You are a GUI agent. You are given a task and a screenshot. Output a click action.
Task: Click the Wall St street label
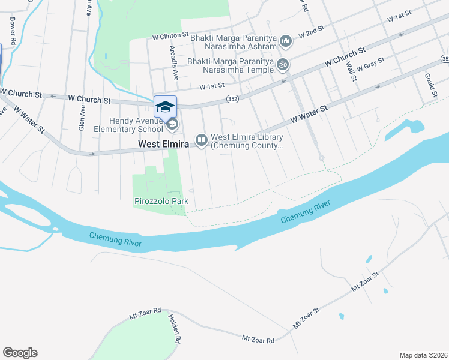(352, 71)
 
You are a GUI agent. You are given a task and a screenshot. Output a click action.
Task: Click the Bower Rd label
(12, 24)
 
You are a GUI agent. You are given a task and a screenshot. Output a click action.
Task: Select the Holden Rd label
(175, 328)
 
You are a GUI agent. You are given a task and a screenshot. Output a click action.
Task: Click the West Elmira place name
(163, 145)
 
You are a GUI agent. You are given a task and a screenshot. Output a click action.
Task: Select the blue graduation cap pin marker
(165, 107)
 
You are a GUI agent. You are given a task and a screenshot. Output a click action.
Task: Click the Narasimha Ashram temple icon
(286, 41)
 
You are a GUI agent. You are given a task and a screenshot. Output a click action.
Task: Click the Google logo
(20, 353)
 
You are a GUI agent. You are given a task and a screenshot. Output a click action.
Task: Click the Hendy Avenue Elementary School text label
(128, 124)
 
